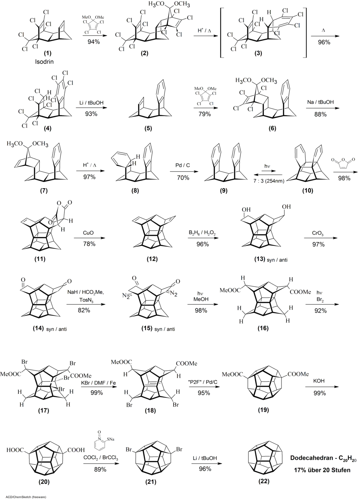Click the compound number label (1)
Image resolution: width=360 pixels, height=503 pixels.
47,53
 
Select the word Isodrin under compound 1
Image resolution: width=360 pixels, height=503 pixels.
47,59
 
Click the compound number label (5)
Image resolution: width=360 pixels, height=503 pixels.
147,129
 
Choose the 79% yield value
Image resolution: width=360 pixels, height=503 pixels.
205,114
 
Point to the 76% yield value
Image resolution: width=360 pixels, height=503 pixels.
89,244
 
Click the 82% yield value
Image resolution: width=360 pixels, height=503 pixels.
85,310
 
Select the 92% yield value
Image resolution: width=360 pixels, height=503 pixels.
320,310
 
